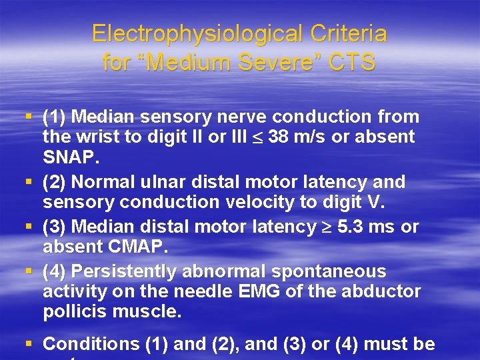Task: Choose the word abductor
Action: pyautogui.click(x=385, y=291)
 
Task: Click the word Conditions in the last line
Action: pyautogui.click(x=91, y=345)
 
